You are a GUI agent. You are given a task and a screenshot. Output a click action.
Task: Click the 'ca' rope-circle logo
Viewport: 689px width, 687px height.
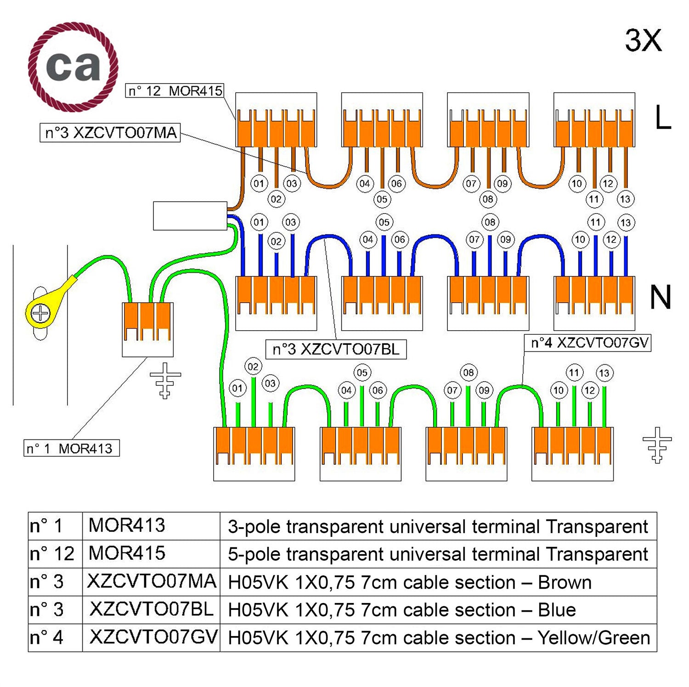73,67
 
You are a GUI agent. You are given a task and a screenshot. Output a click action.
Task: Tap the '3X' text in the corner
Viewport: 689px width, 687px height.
643,40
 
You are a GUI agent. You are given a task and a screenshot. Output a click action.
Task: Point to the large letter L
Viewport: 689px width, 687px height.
662,118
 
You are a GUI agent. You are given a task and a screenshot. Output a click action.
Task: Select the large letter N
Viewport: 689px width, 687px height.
661,297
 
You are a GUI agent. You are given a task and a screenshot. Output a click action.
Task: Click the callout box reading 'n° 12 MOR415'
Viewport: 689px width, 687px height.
175,90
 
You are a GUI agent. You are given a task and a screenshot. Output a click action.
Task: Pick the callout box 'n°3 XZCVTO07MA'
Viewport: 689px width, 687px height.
110,133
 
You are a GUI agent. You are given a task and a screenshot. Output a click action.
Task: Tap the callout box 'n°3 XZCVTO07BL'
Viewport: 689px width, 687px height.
336,349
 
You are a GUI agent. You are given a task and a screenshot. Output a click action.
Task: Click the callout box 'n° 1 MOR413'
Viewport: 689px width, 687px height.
71,448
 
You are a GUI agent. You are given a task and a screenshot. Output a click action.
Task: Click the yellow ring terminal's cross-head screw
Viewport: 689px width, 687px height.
40,314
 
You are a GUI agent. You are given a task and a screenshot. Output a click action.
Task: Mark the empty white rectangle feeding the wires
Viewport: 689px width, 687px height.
190,216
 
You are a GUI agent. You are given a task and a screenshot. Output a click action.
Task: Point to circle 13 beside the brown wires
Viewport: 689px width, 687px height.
625,199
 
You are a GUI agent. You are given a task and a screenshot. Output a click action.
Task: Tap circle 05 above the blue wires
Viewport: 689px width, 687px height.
384,223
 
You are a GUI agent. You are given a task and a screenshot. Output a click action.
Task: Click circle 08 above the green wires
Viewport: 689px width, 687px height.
468,372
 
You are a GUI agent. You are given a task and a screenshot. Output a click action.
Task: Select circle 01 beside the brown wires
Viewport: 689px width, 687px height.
259,184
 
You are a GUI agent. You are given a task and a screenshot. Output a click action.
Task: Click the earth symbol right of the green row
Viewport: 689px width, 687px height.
657,445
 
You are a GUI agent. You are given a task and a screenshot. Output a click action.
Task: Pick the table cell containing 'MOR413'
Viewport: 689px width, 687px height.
151,526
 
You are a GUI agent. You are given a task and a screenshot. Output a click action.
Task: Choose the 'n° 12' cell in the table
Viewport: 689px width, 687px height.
55,554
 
